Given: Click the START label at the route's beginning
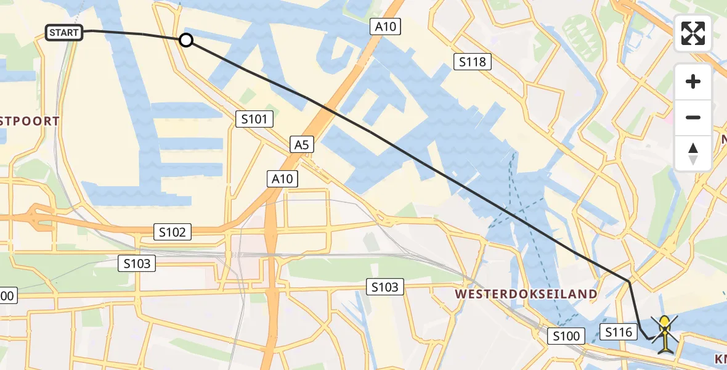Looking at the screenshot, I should point(64,33).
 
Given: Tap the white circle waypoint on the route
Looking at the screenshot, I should point(185,41).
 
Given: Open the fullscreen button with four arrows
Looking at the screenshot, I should point(693,33).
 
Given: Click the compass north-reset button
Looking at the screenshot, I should point(693,154).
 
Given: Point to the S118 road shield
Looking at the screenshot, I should point(473,62).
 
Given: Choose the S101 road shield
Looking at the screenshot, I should point(254,119).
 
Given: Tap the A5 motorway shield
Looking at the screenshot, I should point(301,145).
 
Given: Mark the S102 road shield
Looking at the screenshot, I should point(173,232).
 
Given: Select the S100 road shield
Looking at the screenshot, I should point(566,336).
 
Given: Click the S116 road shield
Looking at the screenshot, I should point(618,332).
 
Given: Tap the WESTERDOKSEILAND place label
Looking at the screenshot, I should point(526,294).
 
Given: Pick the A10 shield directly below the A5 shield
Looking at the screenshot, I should point(283,179).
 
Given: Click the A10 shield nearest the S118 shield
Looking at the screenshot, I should point(386,27).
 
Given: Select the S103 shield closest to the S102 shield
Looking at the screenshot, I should point(137,263).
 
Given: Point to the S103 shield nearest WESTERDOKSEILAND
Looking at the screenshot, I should point(385,286).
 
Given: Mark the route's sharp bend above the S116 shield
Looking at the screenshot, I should point(629,281).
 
